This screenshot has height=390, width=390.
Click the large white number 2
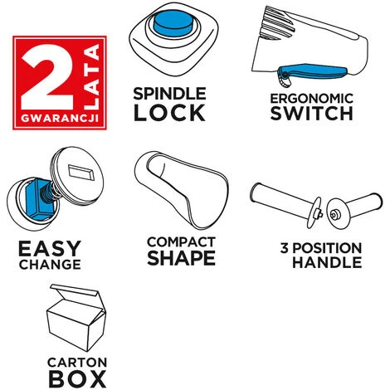click(x=47, y=77)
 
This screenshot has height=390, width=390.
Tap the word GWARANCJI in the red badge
click(x=60, y=119)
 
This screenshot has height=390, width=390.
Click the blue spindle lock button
click(x=173, y=23)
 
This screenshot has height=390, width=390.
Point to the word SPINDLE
click(x=169, y=94)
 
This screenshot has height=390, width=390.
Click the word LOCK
click(x=169, y=113)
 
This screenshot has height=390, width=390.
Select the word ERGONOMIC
click(x=312, y=99)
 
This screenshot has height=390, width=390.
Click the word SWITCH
click(x=312, y=113)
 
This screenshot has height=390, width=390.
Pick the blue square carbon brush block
click(x=38, y=198)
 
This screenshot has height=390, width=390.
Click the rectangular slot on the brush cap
click(x=81, y=173)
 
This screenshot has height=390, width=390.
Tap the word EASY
click(x=50, y=248)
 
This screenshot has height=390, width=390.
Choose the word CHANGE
click(x=50, y=264)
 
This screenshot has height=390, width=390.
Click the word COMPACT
click(x=181, y=242)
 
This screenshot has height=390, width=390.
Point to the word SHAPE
click(x=181, y=258)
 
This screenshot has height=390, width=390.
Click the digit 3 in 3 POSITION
click(x=284, y=248)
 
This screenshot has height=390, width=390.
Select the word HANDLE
click(x=327, y=262)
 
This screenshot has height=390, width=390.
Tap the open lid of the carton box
click(x=76, y=293)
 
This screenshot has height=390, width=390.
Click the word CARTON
click(x=77, y=363)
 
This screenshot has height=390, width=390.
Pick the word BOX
click(x=77, y=378)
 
